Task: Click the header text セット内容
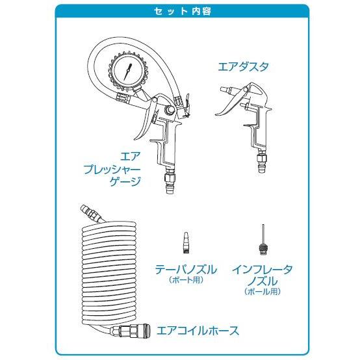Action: pyautogui.click(x=180, y=11)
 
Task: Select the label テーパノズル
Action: pyautogui.click(x=186, y=268)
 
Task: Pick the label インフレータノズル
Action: pyautogui.click(x=263, y=274)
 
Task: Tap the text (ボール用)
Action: pyautogui.click(x=262, y=292)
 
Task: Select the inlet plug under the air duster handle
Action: pyautogui.click(x=261, y=162)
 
